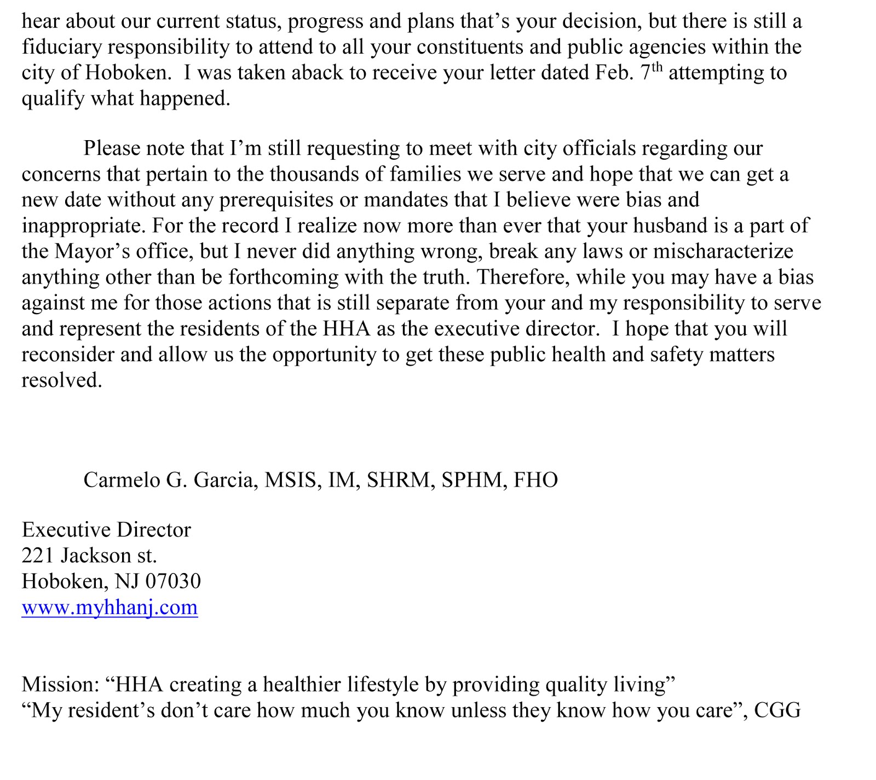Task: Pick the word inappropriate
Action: click(x=83, y=226)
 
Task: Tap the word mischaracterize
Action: click(x=723, y=251)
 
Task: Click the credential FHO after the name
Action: click(x=535, y=480)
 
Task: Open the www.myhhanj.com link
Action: click(x=109, y=607)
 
